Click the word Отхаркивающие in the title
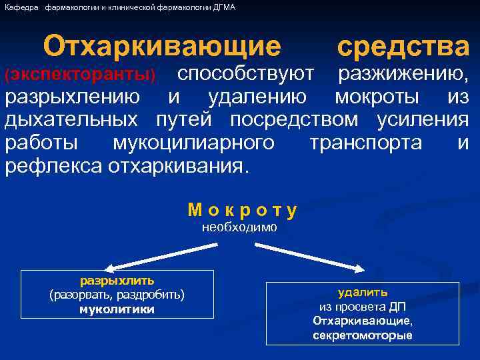point(162,47)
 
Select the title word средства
point(403,47)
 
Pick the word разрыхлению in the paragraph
point(72,97)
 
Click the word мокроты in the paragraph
point(377,97)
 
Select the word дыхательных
point(72,120)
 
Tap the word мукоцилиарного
point(193,143)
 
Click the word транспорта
point(365,143)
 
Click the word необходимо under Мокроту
point(239,227)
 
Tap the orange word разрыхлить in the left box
point(117,281)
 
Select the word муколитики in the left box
point(117,309)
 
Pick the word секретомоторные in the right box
point(363,335)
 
